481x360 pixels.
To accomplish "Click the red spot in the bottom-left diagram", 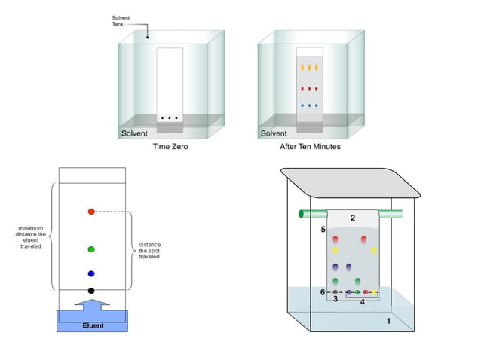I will pyautogui.click(x=91, y=212).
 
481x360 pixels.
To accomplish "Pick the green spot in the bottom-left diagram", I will pyautogui.click(x=91, y=249).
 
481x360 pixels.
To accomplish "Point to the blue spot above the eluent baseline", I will pyautogui.click(x=91, y=274).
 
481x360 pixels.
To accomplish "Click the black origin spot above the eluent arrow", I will pyautogui.click(x=91, y=291).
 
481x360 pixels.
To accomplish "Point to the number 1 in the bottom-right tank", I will pyautogui.click(x=388, y=321).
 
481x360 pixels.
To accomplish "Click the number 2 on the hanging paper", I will pyautogui.click(x=352, y=218).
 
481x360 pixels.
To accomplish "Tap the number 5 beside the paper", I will pyautogui.click(x=323, y=229).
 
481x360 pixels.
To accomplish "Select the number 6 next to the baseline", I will pyautogui.click(x=323, y=292).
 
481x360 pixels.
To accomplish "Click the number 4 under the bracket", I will pyautogui.click(x=362, y=302).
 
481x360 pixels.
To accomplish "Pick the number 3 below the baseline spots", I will pyautogui.click(x=335, y=299).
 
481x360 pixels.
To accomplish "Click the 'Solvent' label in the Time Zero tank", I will pyautogui.click(x=136, y=134).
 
